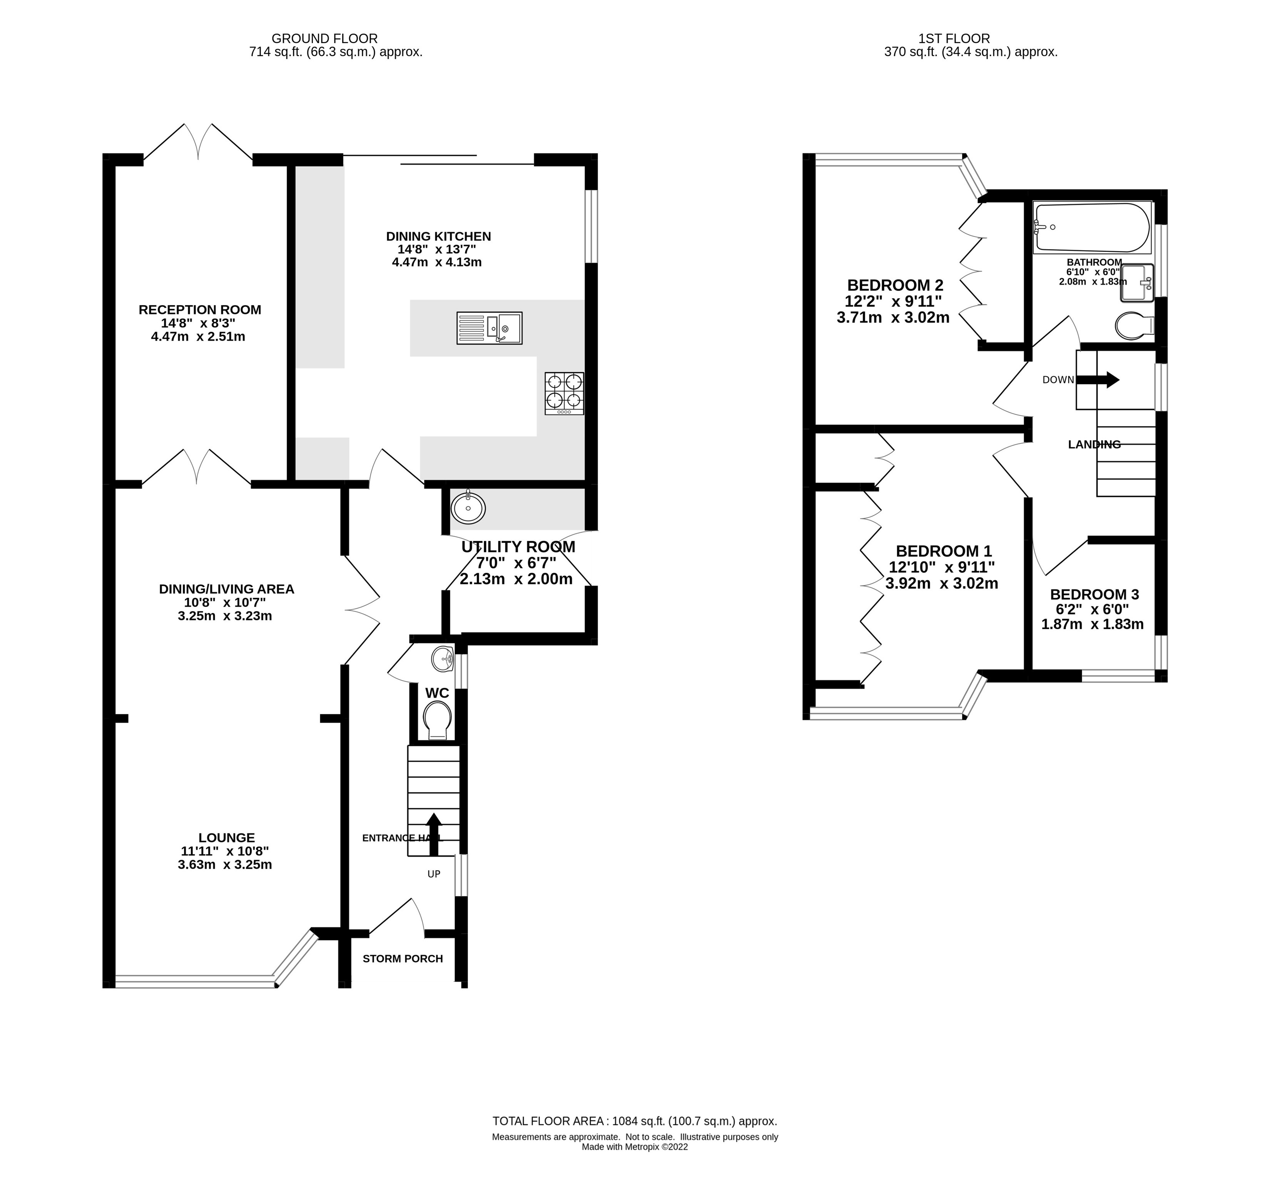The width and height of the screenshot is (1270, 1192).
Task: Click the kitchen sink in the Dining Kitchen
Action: [490, 328]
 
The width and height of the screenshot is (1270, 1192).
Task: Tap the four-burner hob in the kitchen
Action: [564, 393]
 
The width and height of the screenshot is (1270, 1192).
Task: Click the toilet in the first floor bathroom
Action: [1134, 326]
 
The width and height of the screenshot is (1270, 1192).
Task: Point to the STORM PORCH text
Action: [403, 958]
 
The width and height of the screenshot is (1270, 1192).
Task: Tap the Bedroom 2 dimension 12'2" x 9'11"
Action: [893, 301]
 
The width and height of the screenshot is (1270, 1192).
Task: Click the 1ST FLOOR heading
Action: [971, 38]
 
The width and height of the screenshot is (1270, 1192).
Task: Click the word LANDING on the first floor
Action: [1095, 445]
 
